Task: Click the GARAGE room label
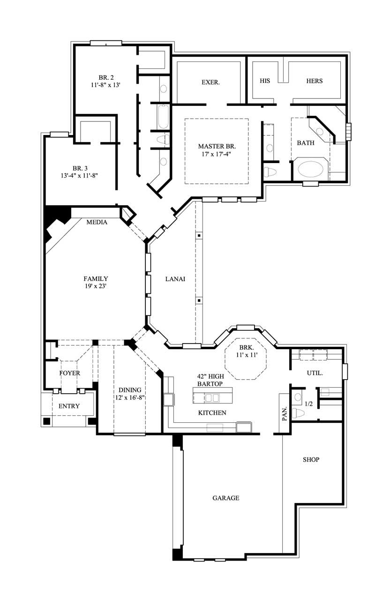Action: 225,498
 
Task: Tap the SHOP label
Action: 311,459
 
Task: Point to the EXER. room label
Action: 211,82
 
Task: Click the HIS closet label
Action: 265,81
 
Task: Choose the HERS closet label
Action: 314,81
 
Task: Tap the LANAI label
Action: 175,278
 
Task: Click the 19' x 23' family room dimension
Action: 96,286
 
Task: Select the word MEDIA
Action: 97,222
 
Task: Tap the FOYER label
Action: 69,373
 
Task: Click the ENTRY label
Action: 69,406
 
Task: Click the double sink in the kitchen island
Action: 211,398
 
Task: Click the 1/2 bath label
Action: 309,404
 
